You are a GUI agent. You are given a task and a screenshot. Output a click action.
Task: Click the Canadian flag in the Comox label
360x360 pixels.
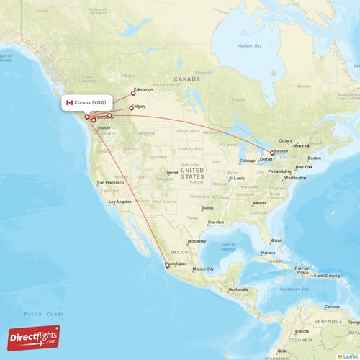tap(70, 103)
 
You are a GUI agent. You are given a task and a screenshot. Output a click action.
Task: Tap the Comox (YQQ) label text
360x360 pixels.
tap(92, 103)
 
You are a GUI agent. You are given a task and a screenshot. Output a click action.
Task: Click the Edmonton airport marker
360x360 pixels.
tap(132, 91)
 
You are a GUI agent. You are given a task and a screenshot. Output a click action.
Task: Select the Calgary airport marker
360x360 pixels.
tap(130, 109)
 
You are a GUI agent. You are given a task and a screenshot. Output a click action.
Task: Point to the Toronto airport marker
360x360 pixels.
tap(272, 153)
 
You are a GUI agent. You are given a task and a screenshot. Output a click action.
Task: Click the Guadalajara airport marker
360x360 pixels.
tap(167, 265)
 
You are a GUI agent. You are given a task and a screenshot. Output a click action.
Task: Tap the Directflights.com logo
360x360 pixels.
tap(34, 337)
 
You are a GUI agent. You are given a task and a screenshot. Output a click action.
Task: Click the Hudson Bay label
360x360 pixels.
tap(249, 46)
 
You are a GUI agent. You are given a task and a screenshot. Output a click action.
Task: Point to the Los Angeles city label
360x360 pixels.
tap(119, 202)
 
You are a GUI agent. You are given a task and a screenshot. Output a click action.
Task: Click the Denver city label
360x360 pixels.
tap(171, 172)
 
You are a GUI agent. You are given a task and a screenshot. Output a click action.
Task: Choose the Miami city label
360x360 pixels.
tap(275, 240)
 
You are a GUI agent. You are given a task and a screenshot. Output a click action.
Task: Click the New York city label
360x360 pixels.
tap(304, 167)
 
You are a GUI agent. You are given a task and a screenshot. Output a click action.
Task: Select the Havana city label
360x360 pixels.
tap(268, 253)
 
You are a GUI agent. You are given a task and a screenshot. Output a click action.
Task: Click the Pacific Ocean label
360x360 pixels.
tap(43, 314)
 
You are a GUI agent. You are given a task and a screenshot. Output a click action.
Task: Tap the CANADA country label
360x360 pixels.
tap(185, 78)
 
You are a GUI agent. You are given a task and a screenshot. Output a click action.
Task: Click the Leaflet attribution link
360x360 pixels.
tap(349, 356)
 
